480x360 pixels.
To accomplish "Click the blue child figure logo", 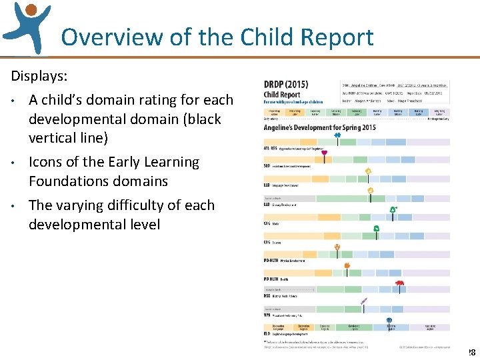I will pyautogui.click(x=27, y=27).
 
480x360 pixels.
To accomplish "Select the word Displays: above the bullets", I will pyautogui.click(x=39, y=75).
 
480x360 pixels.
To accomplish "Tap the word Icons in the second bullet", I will pyautogui.click(x=45, y=162).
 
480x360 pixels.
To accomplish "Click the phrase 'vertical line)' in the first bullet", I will pyautogui.click(x=68, y=138).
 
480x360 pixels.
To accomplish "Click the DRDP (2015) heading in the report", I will pyautogui.click(x=286, y=85).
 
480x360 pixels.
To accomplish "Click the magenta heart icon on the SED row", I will pyautogui.click(x=324, y=153).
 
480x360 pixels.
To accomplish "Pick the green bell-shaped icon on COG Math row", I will pyautogui.click(x=393, y=210).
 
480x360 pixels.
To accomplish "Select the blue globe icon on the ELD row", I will pyautogui.click(x=389, y=321).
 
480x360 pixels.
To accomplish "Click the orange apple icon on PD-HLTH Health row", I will pyautogui.click(x=347, y=265).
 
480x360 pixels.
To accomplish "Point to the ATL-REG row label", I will pyautogui.click(x=270, y=147).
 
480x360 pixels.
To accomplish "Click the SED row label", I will pyautogui.click(x=268, y=165).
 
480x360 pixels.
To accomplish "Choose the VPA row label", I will pyautogui.click(x=269, y=315).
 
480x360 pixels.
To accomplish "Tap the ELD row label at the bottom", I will pyautogui.click(x=268, y=333).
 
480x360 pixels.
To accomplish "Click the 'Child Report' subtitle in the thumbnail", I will pyautogui.click(x=283, y=95).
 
